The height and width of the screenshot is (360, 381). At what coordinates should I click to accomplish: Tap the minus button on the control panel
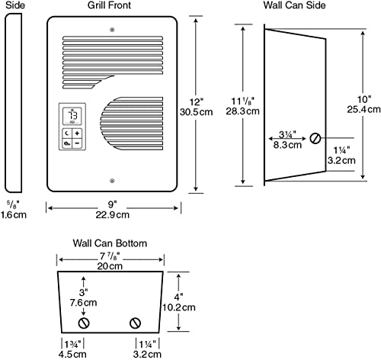pos(77,143)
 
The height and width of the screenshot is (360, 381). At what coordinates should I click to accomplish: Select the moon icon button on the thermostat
pos(66,132)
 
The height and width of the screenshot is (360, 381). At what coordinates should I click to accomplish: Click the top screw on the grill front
pos(112,31)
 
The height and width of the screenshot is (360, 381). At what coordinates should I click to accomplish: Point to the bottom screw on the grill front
pos(112,181)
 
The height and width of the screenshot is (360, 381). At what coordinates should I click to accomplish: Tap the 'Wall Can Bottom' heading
pos(110,243)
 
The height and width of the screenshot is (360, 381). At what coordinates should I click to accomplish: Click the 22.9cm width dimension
pos(112,215)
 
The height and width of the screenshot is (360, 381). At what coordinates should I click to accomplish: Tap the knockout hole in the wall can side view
pos(315,138)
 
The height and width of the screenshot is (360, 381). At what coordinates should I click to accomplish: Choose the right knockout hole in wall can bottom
pos(136,323)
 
